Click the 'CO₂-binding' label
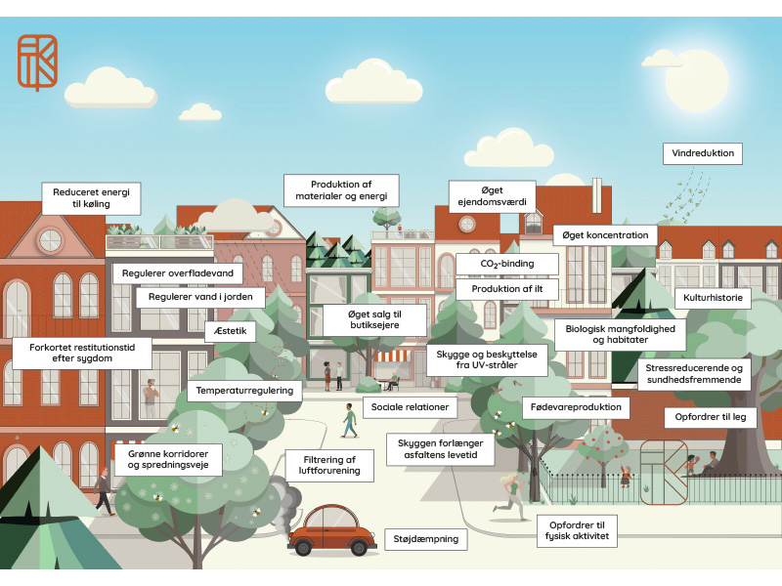pos(506,264)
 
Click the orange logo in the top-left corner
pos(37,62)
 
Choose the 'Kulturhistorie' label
pos(713,297)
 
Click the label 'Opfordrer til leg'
pos(710,416)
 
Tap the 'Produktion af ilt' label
pos(506,289)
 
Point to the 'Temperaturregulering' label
pos(245,391)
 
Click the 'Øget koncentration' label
pos(604,235)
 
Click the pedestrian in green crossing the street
pos(350,420)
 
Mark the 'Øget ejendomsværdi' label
pos(492,195)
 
